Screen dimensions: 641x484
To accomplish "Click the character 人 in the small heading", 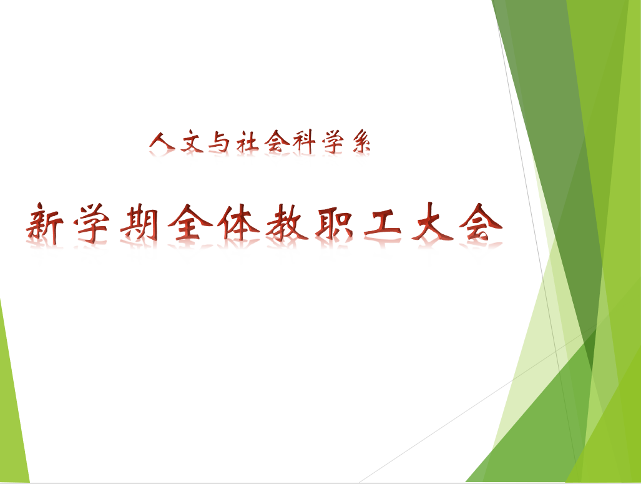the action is (x=162, y=142).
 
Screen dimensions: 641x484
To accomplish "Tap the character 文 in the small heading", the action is (x=192, y=142).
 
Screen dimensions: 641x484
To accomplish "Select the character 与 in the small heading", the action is (x=219, y=142).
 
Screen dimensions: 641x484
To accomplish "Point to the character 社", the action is (x=247, y=142).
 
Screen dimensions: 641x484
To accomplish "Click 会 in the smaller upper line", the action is (x=276, y=142).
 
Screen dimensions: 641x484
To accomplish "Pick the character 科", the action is (x=304, y=142).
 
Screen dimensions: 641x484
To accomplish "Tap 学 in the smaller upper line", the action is (x=332, y=142).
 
